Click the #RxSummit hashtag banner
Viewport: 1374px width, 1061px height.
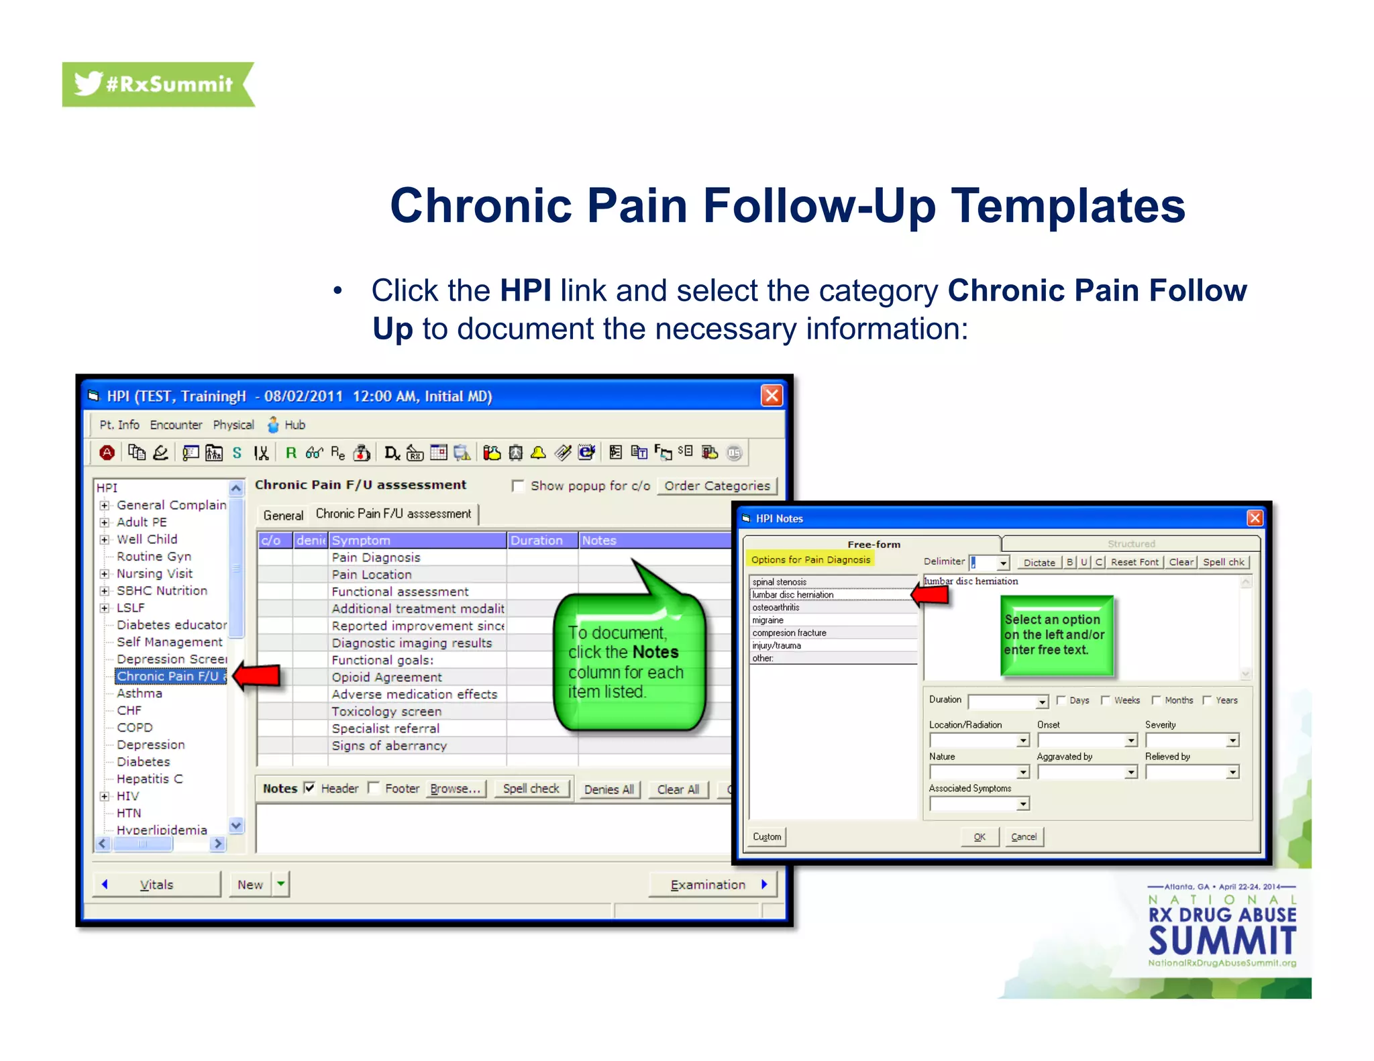click(158, 85)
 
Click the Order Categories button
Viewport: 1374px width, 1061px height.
click(717, 486)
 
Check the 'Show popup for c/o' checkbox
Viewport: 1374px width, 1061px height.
click(518, 486)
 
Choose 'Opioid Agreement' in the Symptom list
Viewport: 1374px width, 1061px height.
click(386, 677)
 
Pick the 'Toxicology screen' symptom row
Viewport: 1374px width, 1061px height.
click(386, 712)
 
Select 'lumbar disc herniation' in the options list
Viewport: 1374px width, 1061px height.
click(793, 595)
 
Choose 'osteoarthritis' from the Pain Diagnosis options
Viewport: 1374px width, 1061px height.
click(776, 608)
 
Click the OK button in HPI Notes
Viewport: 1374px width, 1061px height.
click(980, 837)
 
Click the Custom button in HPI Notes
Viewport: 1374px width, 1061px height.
click(767, 837)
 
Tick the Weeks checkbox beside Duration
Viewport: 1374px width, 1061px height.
click(1106, 700)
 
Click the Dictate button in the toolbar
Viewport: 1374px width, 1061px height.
click(1039, 563)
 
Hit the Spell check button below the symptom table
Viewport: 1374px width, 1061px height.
click(531, 789)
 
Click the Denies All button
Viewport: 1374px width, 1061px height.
click(609, 789)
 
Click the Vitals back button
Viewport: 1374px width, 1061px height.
click(156, 885)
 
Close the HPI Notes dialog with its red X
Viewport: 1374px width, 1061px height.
click(1255, 518)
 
